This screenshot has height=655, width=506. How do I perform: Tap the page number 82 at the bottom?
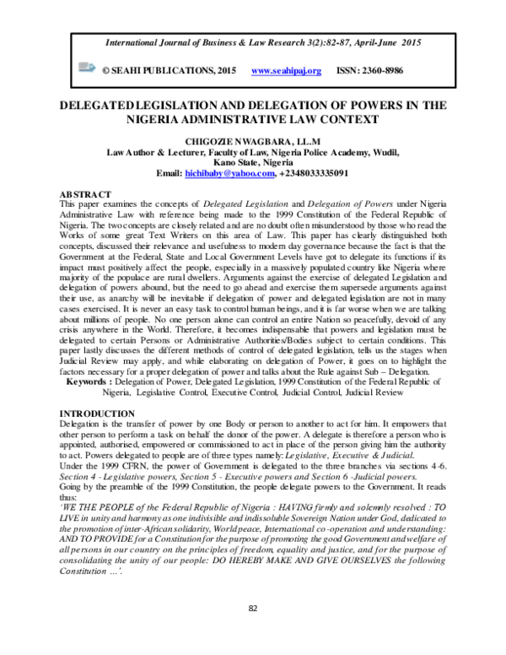click(x=252, y=631)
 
